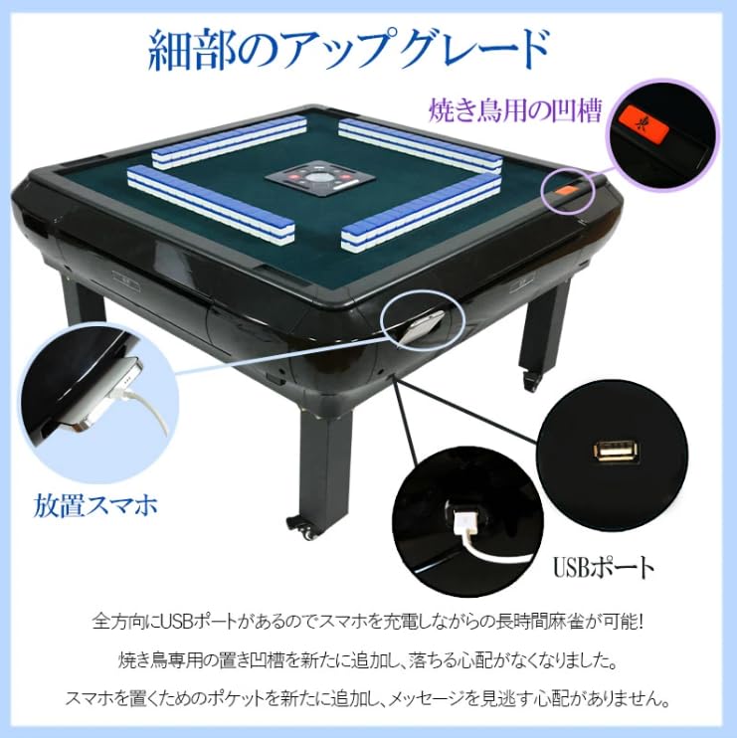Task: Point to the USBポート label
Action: [x=604, y=568]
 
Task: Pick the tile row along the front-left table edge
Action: [x=211, y=203]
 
